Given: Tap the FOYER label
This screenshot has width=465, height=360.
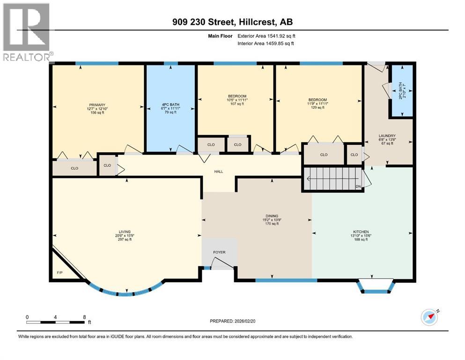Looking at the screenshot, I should pos(219,252).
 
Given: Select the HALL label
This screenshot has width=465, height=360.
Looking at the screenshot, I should pos(219,172).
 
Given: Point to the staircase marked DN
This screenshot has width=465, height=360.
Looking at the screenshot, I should pos(333,179).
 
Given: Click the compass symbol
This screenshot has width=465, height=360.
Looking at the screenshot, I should pos(430,317).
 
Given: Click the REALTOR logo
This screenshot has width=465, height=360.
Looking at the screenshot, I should pos(26,32).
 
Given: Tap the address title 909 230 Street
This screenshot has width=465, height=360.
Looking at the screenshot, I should pos(232,22).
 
